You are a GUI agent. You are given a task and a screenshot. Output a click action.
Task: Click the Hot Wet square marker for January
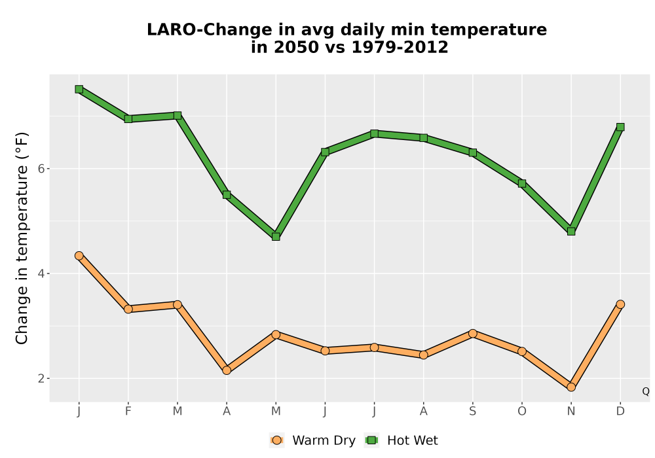click(x=79, y=89)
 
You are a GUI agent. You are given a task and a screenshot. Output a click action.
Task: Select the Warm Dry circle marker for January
click(x=79, y=256)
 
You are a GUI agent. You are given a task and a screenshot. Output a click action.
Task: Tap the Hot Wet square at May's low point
click(x=276, y=236)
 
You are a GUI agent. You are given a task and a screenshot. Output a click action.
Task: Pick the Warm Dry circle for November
click(x=571, y=387)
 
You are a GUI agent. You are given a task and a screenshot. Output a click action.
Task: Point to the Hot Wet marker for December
click(x=620, y=127)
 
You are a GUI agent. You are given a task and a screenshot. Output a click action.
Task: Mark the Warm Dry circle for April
click(x=227, y=370)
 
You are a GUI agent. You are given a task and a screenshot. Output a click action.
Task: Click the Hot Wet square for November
click(x=571, y=231)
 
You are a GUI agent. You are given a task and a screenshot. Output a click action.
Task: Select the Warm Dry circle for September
click(x=472, y=333)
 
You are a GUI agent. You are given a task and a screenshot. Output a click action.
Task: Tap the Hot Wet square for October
click(x=522, y=184)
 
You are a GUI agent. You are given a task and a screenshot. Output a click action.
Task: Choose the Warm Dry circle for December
click(x=620, y=304)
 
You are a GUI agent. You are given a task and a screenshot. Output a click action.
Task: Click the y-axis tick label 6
click(x=41, y=169)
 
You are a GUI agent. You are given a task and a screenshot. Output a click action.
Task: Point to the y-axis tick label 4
click(x=41, y=273)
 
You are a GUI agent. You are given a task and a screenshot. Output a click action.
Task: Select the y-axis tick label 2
click(x=41, y=378)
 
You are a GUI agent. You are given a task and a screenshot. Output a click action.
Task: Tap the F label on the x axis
click(x=128, y=412)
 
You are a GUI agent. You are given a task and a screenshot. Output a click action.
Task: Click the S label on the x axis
click(x=472, y=412)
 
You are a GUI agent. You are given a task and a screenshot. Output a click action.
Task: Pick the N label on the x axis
click(x=571, y=412)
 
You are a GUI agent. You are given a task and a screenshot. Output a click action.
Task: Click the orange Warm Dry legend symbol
click(x=276, y=440)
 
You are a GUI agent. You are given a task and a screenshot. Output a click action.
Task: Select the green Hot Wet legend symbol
click(x=371, y=440)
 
